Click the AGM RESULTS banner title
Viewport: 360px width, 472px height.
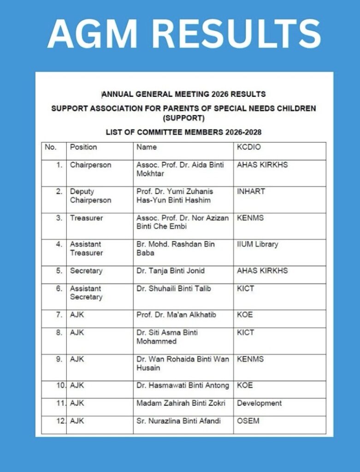click(x=184, y=33)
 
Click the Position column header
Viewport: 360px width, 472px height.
click(x=83, y=147)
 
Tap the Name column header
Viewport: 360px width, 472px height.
click(x=147, y=147)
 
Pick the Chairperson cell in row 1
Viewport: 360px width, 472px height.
click(x=90, y=165)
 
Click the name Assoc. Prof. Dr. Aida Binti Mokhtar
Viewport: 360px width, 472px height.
click(x=180, y=170)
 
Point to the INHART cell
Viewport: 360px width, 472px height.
click(x=251, y=191)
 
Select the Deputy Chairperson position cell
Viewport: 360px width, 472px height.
click(x=90, y=196)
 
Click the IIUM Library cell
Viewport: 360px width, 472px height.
click(x=257, y=244)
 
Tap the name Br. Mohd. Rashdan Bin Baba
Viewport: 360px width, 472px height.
click(x=176, y=249)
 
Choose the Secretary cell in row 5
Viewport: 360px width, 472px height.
click(x=86, y=271)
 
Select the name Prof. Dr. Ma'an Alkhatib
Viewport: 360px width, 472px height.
click(x=176, y=315)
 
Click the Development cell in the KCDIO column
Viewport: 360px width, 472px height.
click(x=259, y=403)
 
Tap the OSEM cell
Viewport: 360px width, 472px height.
click(x=248, y=421)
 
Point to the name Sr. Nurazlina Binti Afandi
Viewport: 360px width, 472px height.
click(x=178, y=421)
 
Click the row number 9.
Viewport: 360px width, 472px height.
click(x=59, y=359)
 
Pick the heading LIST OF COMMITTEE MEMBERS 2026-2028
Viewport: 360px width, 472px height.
click(x=183, y=132)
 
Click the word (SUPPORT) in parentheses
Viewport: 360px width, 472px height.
click(x=183, y=117)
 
